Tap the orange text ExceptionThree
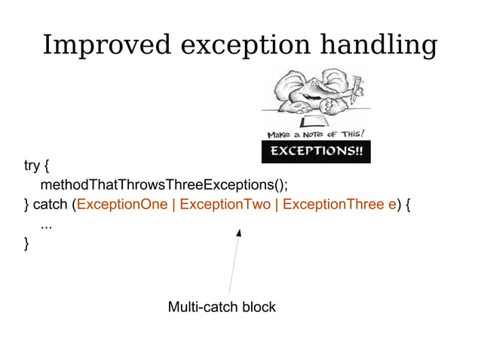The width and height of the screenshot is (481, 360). point(334,205)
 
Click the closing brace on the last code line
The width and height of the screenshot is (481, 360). point(27,243)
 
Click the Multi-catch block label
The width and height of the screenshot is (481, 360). point(222,307)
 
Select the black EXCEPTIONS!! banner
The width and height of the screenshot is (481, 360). point(316,151)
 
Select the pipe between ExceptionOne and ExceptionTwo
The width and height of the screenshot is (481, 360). point(174,205)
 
